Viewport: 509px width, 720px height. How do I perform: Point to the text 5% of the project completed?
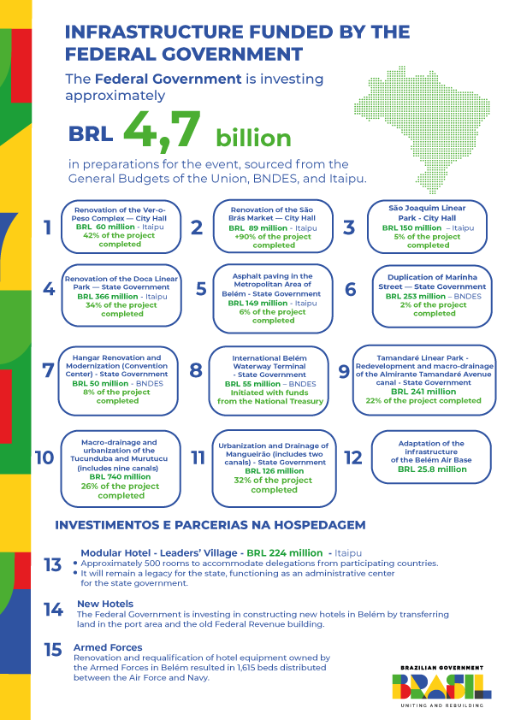point(428,241)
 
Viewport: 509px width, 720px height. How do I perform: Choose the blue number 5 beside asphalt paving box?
point(202,288)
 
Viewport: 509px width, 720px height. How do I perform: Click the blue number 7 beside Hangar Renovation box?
point(48,370)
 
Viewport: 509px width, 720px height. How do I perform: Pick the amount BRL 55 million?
point(257,384)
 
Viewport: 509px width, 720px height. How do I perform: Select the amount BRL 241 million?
point(423,392)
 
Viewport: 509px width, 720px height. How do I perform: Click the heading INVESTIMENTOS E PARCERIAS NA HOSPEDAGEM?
point(210,524)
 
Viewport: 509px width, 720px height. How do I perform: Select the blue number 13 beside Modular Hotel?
point(52,565)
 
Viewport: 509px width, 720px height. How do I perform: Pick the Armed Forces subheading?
point(108,647)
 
